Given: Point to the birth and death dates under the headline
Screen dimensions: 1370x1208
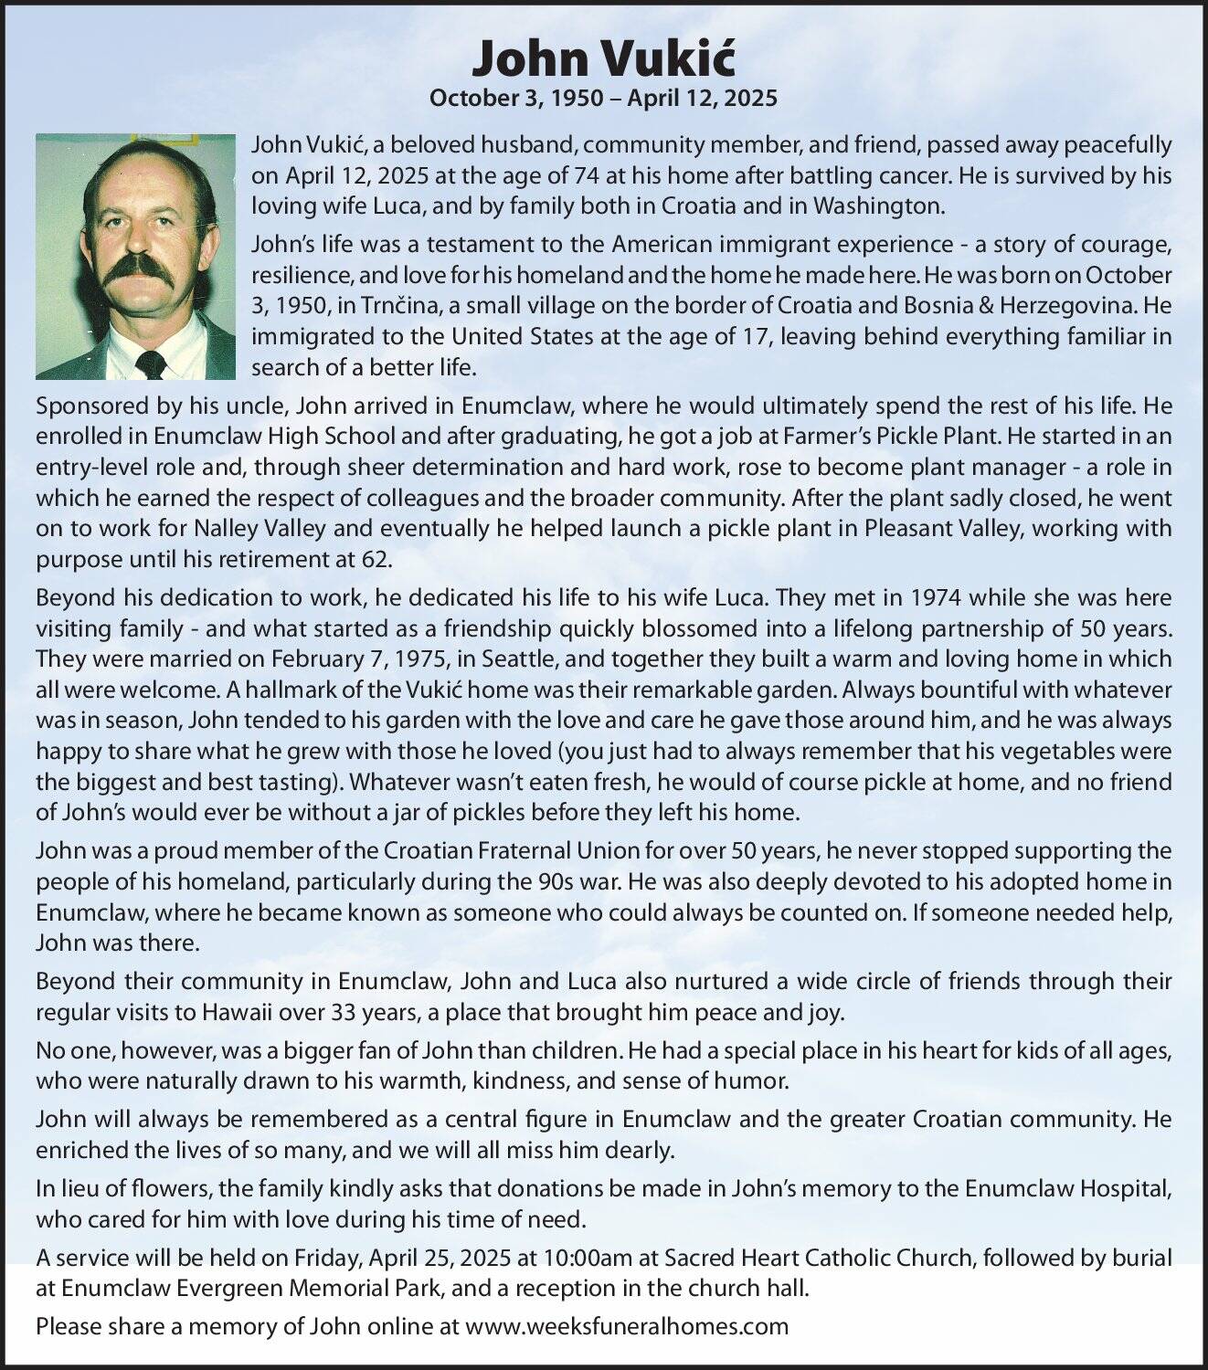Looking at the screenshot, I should point(603,98).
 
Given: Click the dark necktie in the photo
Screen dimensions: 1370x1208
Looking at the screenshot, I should point(151,364).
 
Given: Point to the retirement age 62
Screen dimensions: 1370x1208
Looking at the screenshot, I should point(376,559).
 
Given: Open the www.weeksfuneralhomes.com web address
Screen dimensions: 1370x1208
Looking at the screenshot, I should point(627,1325).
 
